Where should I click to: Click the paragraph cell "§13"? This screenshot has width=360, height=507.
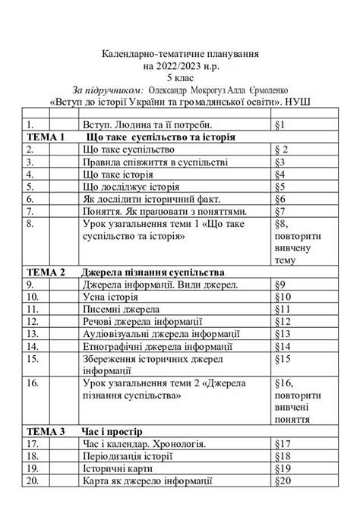coord(283,334)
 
